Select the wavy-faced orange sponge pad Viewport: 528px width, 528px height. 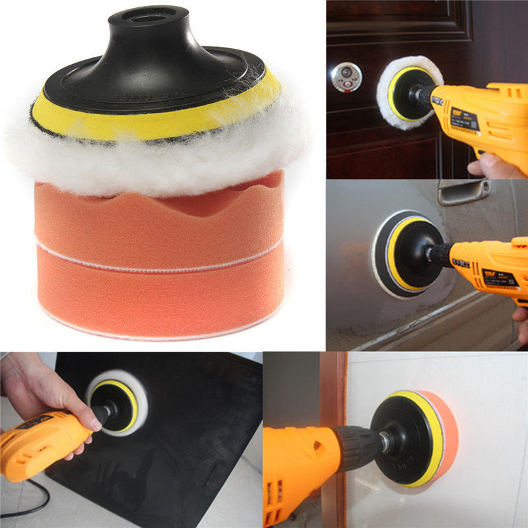point(158,218)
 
